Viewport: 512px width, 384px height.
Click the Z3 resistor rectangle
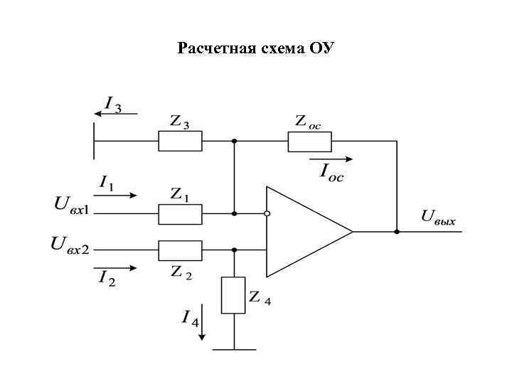(180, 141)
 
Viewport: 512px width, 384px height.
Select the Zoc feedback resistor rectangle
(309, 141)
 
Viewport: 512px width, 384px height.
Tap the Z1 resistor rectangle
(180, 213)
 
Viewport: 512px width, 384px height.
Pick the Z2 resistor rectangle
(180, 250)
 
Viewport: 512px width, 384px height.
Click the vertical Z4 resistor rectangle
(233, 295)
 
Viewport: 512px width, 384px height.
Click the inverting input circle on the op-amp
(266, 213)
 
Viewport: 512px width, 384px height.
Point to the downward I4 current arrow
(203, 321)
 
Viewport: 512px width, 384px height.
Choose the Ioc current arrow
(331, 159)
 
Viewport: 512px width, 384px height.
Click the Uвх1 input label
(70, 206)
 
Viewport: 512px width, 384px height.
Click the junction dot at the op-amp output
(397, 231)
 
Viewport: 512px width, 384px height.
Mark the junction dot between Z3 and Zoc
(234, 141)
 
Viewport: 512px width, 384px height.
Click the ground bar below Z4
(234, 349)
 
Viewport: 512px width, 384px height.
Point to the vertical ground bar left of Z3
(94, 141)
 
